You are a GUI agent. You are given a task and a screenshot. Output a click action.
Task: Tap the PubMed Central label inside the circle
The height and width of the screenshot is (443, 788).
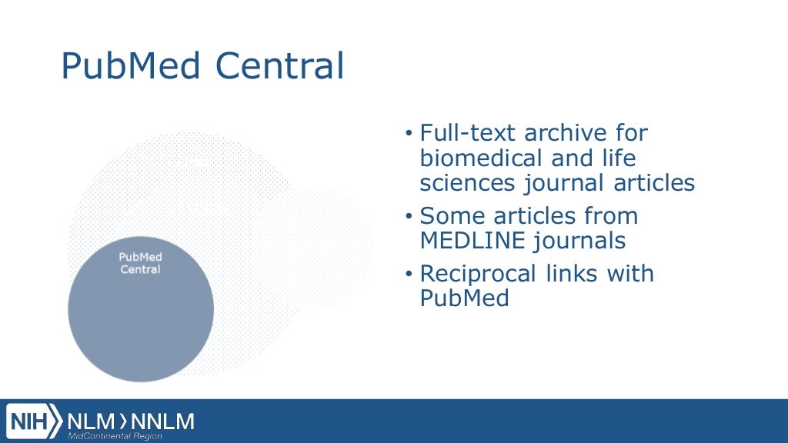(141, 263)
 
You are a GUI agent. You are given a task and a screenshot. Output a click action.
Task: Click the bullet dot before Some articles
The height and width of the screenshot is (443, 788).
(409, 217)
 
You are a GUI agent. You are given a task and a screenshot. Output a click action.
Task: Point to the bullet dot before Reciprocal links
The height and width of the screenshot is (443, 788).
(409, 275)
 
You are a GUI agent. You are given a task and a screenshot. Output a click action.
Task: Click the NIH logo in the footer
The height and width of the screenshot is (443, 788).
(35, 421)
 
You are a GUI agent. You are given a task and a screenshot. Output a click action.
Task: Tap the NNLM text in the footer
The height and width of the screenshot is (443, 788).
(162, 421)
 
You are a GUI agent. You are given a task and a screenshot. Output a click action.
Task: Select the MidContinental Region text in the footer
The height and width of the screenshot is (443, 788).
(115, 436)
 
